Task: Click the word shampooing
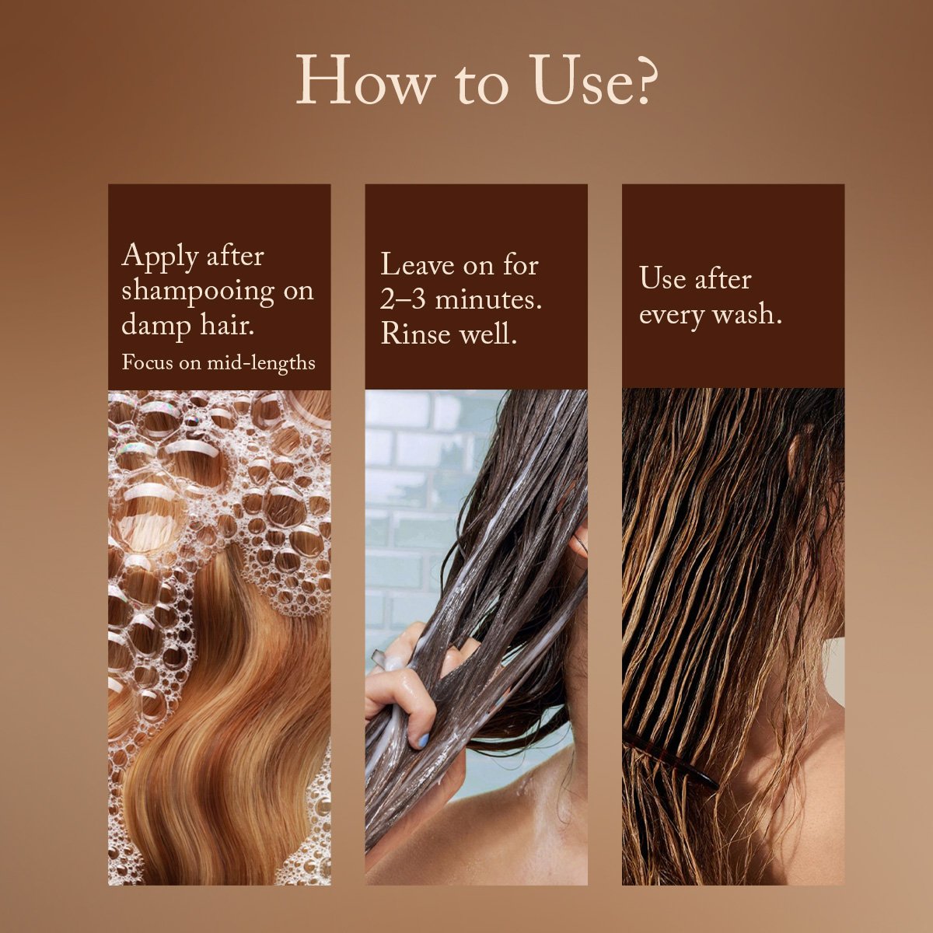tap(197, 293)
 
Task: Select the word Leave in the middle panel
tap(417, 265)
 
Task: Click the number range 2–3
tap(403, 300)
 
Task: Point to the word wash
tap(746, 315)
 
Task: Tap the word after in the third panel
tap(723, 279)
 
